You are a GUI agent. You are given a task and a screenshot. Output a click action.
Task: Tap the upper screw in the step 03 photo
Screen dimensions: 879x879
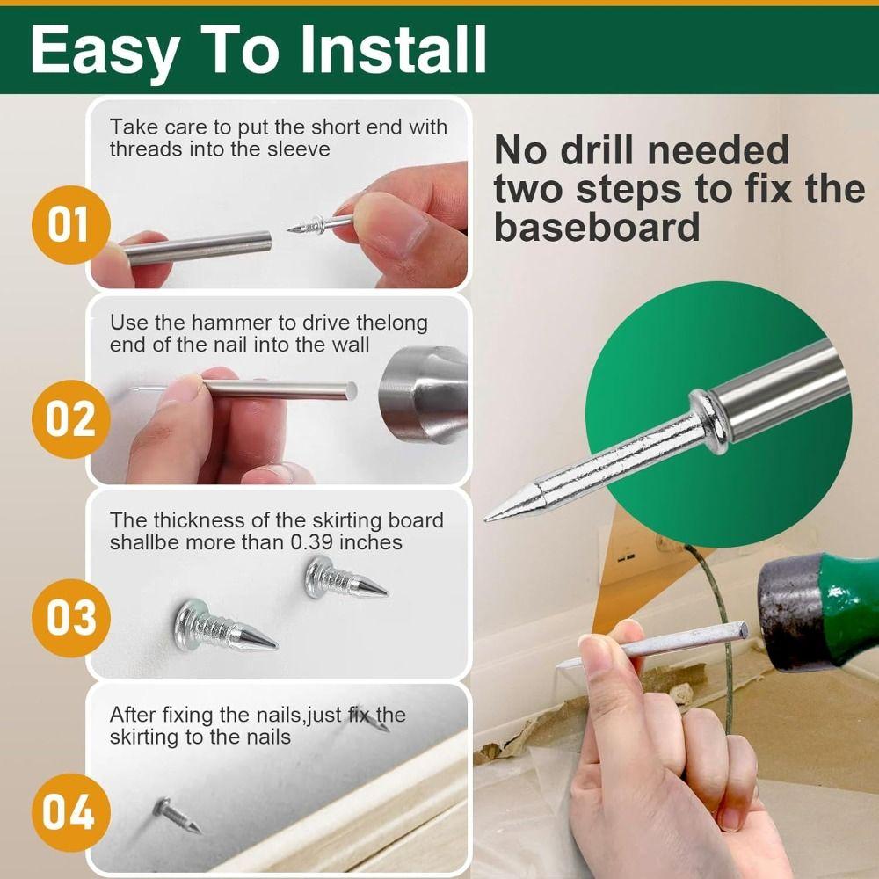point(345,580)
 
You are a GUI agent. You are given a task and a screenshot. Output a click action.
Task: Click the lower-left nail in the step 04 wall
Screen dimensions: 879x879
point(177,815)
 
